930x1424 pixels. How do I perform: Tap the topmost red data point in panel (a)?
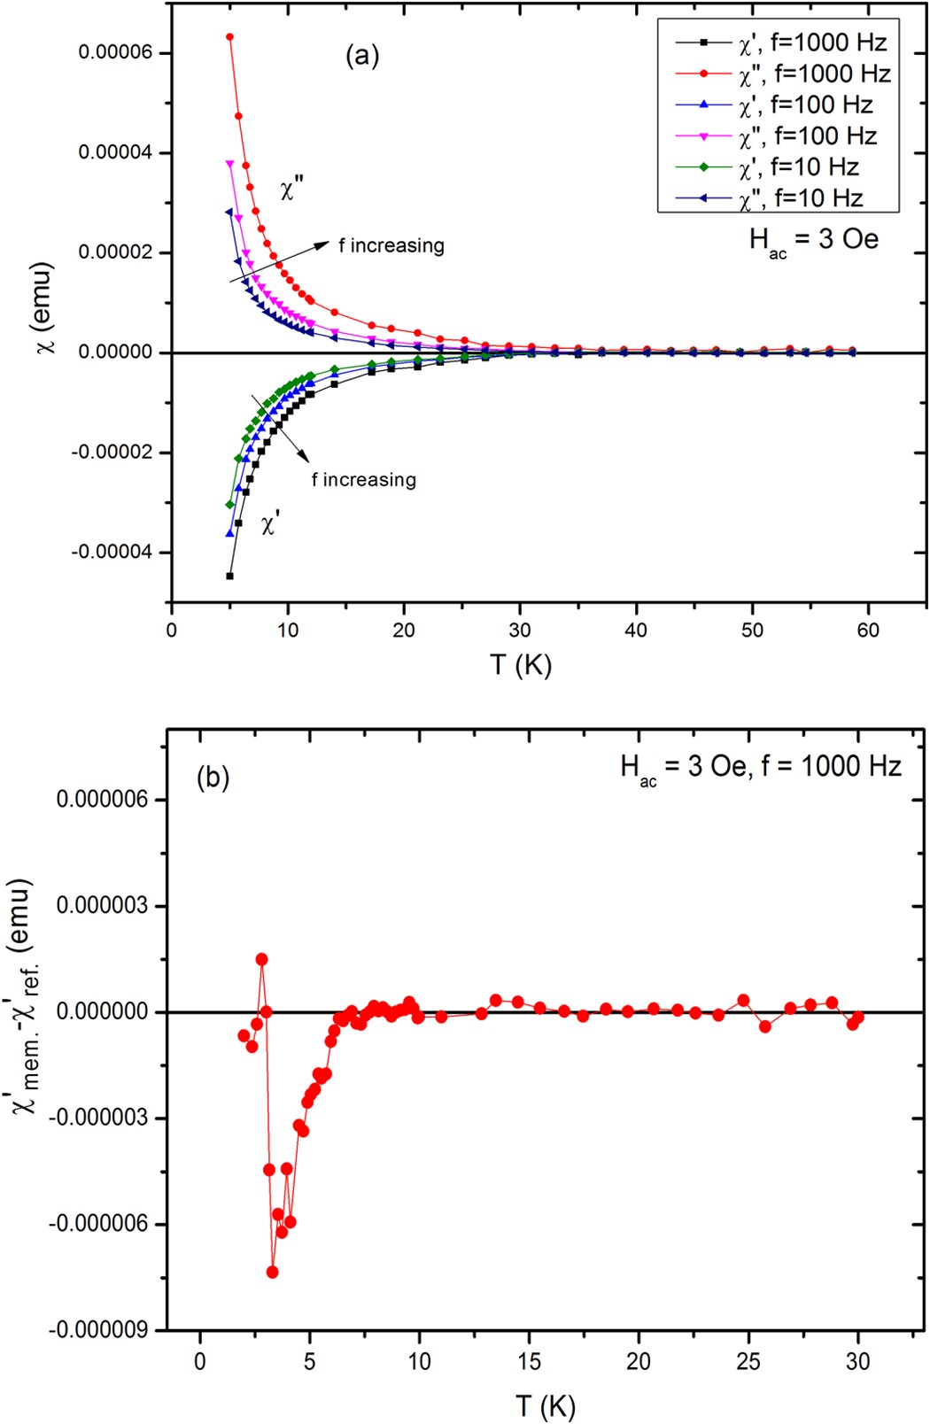pyautogui.click(x=229, y=37)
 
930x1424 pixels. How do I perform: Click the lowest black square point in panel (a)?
pyautogui.click(x=229, y=576)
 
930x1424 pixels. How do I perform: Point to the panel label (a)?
pyautogui.click(x=361, y=56)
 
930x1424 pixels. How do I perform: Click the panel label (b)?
pyautogui.click(x=213, y=778)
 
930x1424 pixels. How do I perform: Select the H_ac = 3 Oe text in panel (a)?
pyautogui.click(x=813, y=240)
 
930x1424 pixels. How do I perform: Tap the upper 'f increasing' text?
pyautogui.click(x=391, y=245)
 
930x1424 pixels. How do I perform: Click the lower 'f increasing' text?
pyautogui.click(x=363, y=480)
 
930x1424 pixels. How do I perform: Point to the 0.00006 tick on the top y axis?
pyautogui.click(x=115, y=53)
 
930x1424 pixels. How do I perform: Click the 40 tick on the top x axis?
pyautogui.click(x=636, y=630)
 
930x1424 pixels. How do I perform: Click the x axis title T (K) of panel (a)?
pyautogui.click(x=521, y=664)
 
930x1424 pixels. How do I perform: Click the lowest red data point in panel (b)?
pyautogui.click(x=272, y=1272)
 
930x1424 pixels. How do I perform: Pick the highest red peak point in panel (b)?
pyautogui.click(x=261, y=959)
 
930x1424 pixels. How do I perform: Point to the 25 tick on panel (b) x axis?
pyautogui.click(x=748, y=1361)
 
